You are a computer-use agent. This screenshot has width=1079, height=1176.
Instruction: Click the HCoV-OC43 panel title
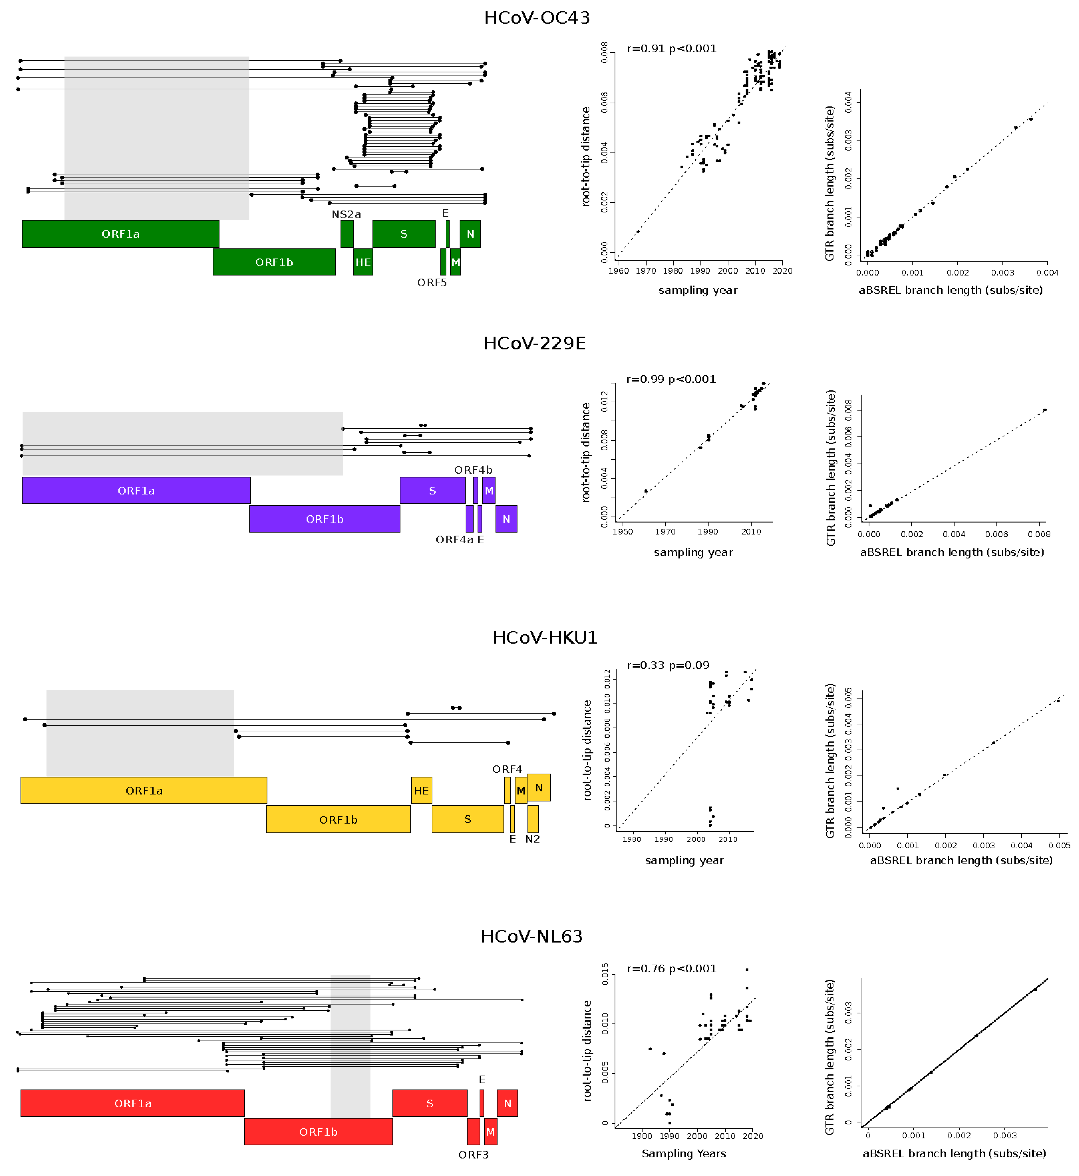click(537, 18)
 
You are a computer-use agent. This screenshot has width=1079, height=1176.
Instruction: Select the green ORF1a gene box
click(120, 234)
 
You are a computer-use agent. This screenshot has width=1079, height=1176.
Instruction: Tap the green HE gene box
click(363, 262)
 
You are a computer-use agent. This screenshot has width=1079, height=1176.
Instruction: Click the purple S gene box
click(432, 491)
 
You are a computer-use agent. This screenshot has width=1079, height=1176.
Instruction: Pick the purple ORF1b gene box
click(325, 519)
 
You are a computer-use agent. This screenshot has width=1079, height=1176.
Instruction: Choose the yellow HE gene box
click(421, 791)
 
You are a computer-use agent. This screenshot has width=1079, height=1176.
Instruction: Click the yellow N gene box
click(538, 788)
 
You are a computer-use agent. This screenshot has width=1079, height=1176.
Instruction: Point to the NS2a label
click(346, 215)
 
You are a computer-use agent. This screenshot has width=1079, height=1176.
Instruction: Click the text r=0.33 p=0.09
click(668, 665)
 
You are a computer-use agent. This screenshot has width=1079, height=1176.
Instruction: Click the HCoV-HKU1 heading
click(545, 637)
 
